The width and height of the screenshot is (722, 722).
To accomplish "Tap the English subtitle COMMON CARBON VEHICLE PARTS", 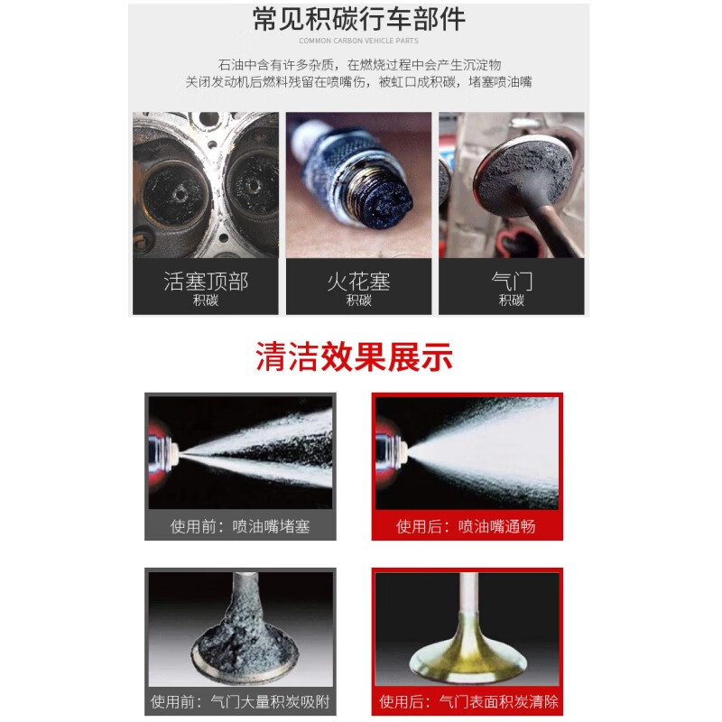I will coord(358,41).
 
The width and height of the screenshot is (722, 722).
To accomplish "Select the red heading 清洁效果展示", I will coord(354,357).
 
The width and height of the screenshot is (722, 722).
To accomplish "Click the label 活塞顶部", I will coord(206,281).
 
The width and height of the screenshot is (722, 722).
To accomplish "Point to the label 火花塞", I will coord(358,281).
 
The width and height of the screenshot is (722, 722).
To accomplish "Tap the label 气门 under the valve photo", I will coord(512,281).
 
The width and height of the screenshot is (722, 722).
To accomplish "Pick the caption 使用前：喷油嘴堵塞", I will coord(240,525).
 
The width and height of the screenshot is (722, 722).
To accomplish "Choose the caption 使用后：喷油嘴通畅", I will coord(466,525).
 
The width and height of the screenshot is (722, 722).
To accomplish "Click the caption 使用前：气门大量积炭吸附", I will coord(240,701).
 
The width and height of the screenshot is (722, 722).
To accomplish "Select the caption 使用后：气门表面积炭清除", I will coord(468,701).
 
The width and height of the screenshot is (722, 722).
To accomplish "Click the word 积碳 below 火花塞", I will coord(358,301).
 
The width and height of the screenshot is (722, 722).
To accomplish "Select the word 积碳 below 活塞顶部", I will coord(206,301).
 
